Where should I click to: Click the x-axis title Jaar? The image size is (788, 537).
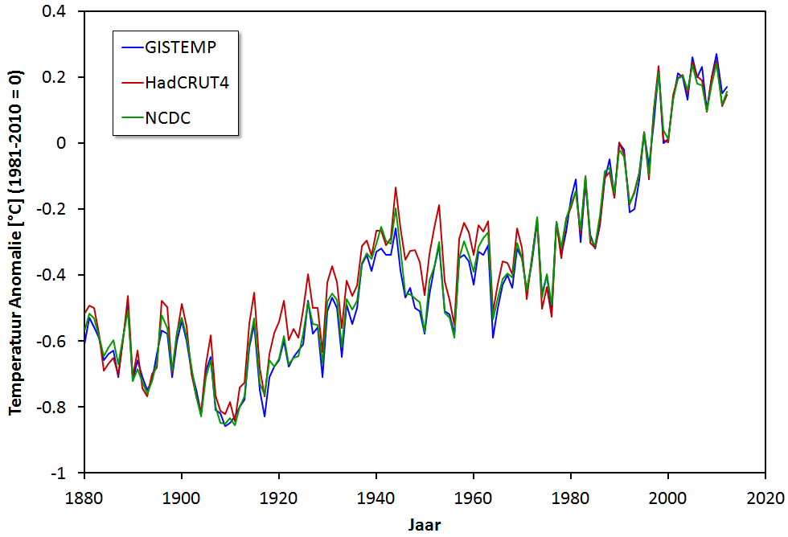[423, 523]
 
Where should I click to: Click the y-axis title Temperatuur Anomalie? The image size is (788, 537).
[15, 242]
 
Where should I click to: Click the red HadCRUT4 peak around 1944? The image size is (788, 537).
[396, 187]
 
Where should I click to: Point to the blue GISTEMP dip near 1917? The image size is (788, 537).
[264, 416]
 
